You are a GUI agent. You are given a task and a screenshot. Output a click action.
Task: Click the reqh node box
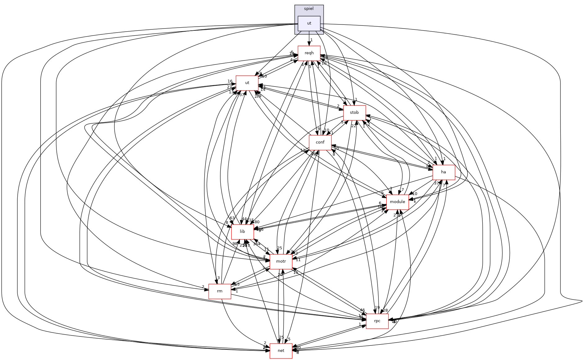[x=309, y=53]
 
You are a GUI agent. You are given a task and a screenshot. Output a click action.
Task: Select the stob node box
[x=354, y=113]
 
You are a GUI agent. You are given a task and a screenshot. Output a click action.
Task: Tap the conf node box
[x=320, y=142]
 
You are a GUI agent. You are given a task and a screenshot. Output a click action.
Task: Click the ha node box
[x=444, y=172]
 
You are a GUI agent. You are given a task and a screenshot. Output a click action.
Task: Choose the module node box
[x=397, y=202]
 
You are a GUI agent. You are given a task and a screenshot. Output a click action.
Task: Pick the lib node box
[x=242, y=232]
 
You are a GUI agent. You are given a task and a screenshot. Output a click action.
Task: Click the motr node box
[x=281, y=261]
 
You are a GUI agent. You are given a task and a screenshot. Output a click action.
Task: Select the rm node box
[x=220, y=291]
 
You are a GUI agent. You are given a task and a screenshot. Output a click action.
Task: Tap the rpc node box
[x=377, y=321]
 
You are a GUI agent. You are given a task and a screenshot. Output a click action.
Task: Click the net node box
[x=281, y=351]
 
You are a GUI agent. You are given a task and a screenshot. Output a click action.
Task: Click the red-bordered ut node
[x=247, y=83]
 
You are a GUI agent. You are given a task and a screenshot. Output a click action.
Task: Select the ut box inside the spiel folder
[x=309, y=23]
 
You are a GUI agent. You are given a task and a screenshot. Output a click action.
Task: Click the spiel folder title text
[x=309, y=9]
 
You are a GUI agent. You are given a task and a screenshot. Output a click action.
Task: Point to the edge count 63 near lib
[x=232, y=218]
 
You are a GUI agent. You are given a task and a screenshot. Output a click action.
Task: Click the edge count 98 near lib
[x=235, y=243]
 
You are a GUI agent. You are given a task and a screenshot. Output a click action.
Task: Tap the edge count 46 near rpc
[x=362, y=310]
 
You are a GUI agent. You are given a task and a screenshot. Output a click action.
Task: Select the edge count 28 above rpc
[x=385, y=310]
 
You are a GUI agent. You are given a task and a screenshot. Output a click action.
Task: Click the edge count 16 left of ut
[x=230, y=82]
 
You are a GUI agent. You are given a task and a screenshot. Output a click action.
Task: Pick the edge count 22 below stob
[x=354, y=126]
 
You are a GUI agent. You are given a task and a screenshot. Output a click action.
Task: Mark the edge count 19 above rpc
[x=377, y=308]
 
